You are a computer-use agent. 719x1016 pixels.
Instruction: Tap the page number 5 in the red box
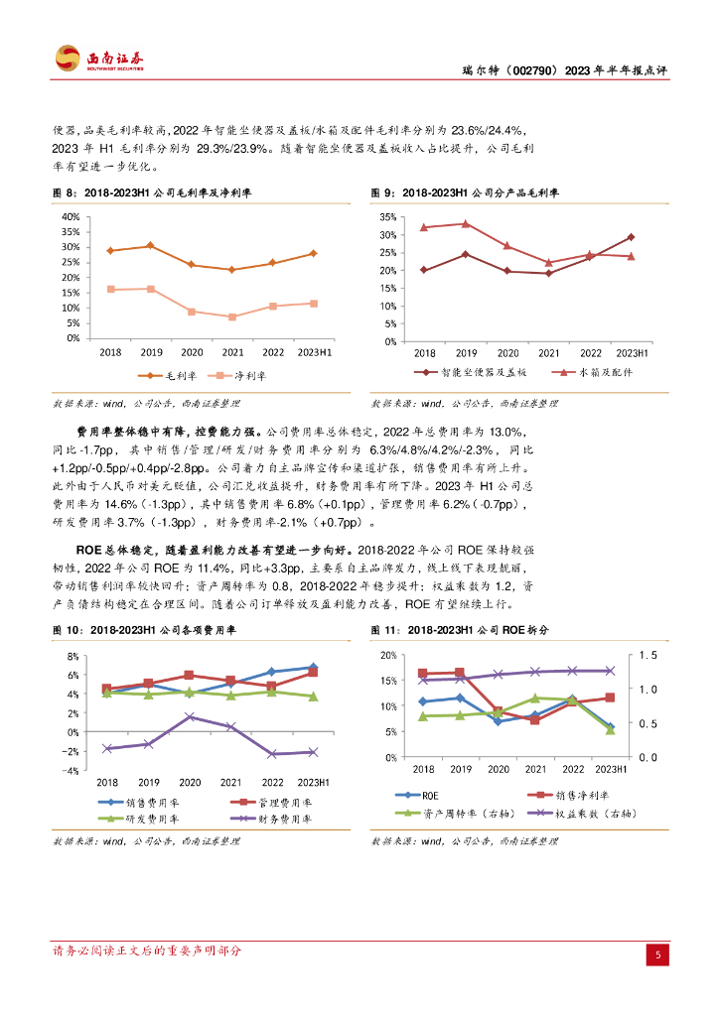[x=656, y=954]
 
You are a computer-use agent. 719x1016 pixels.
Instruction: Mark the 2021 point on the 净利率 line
[x=232, y=317]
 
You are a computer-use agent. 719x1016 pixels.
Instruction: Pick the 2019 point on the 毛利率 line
[x=150, y=245]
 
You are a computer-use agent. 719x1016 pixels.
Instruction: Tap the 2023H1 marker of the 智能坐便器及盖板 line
[x=632, y=237]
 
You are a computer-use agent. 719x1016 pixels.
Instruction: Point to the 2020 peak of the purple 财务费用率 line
[x=191, y=716]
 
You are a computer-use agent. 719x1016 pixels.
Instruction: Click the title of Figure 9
[x=465, y=192]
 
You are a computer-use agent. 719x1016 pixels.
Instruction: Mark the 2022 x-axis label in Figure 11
[x=572, y=769]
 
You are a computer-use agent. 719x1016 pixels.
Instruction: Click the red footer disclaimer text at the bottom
[x=146, y=951]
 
